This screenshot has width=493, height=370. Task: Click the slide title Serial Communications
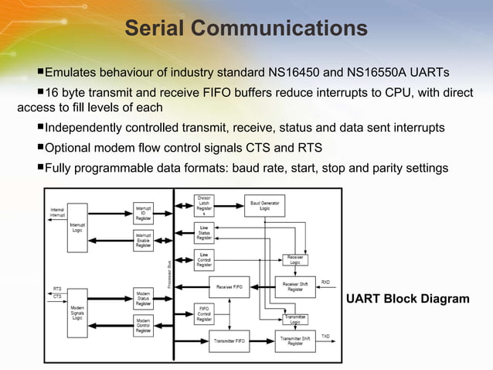(x=246, y=29)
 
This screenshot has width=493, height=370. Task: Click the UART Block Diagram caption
(x=407, y=299)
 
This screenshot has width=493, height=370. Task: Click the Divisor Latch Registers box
(x=204, y=206)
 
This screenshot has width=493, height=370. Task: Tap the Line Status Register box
(x=204, y=232)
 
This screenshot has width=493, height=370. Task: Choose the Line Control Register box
(x=204, y=259)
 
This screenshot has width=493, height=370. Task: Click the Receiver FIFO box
(x=229, y=286)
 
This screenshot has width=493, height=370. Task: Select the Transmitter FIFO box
(x=229, y=339)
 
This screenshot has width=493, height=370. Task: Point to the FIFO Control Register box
(x=204, y=313)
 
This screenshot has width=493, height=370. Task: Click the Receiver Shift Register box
(x=295, y=286)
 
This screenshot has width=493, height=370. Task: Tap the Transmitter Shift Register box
(x=295, y=339)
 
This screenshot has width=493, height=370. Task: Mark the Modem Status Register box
(x=143, y=299)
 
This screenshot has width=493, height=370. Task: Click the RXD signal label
(x=325, y=282)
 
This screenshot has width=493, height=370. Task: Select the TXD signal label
(x=325, y=336)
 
